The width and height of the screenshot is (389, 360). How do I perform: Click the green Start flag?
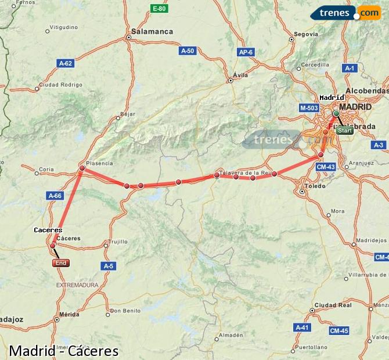(x=345, y=131)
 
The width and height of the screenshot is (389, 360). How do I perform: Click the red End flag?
(x=61, y=263)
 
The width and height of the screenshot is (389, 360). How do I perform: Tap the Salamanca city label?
(x=152, y=31)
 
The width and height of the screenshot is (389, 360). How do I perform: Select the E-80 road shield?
(x=159, y=8)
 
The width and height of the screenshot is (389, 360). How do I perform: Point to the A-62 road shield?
(x=66, y=63)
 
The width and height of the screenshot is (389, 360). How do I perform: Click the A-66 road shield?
(x=55, y=196)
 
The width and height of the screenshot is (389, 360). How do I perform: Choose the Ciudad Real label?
(x=333, y=305)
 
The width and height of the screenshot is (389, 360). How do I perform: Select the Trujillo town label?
(x=118, y=242)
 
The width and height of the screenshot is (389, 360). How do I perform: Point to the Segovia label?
(x=306, y=34)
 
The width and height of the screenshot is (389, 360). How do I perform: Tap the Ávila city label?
(x=240, y=75)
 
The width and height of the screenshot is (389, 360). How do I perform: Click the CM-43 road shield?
(x=326, y=167)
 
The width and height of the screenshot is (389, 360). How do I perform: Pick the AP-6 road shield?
(x=246, y=52)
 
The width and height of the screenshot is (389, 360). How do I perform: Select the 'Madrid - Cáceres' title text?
(x=64, y=351)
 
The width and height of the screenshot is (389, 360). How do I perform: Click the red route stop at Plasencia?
(x=82, y=169)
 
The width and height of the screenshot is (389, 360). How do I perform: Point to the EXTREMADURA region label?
(x=77, y=285)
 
